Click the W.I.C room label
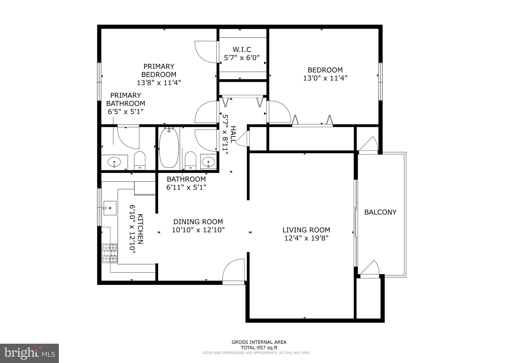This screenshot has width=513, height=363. (x=242, y=49)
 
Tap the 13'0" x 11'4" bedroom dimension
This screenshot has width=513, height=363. (x=325, y=78)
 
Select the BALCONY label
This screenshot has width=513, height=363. (x=380, y=212)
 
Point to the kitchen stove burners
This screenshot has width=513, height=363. (x=110, y=253)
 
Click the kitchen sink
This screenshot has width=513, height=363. (x=110, y=208)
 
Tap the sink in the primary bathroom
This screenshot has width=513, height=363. (x=114, y=162)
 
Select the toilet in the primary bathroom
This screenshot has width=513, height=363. (x=140, y=161)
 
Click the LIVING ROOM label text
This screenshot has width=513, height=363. (x=306, y=230)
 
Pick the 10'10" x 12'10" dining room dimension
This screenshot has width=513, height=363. (x=198, y=230)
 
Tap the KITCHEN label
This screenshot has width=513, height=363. (x=141, y=229)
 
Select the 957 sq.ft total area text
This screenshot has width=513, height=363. (x=259, y=348)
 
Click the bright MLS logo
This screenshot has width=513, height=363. (x=29, y=353)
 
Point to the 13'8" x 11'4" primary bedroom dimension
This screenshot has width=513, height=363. (x=159, y=83)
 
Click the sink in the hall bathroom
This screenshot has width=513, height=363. (x=208, y=162)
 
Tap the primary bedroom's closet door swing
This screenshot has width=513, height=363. (x=205, y=52)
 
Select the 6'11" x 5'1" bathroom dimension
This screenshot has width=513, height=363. (x=186, y=187)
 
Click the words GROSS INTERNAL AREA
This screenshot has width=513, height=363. (x=259, y=342)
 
